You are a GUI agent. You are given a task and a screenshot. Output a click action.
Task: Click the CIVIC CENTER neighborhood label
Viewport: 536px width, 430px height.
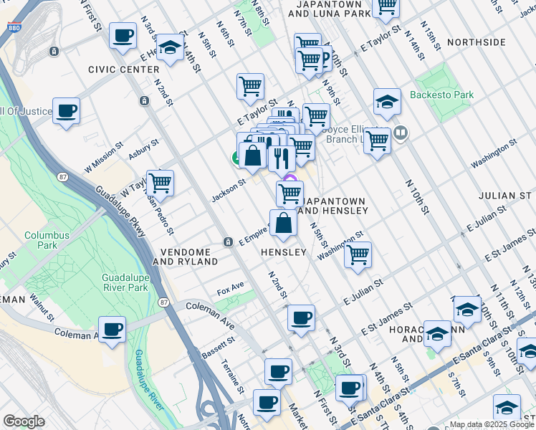(x=124, y=70)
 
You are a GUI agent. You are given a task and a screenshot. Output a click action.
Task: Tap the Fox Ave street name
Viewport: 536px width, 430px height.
(x=231, y=292)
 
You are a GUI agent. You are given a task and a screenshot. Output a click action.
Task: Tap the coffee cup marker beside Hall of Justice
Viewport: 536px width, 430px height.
(x=66, y=111)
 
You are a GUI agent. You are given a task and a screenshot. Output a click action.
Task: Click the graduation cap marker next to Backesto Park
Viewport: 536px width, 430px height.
(x=386, y=102)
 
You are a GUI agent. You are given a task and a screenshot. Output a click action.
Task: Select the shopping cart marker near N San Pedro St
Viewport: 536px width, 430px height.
(x=160, y=183)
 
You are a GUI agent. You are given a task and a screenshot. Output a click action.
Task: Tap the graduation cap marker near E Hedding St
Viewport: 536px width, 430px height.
(x=170, y=47)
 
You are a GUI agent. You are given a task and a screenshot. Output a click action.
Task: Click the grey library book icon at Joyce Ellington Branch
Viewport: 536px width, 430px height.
(x=400, y=132)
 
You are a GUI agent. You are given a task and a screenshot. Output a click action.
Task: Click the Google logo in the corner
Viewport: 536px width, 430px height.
(x=24, y=421)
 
